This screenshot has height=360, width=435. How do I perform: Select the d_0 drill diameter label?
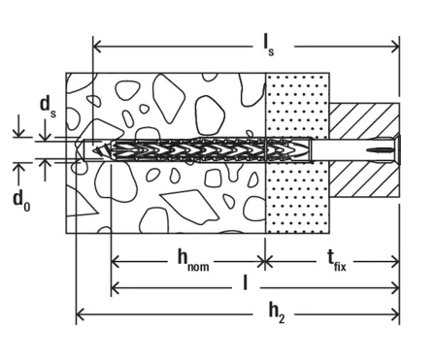coord(21,201)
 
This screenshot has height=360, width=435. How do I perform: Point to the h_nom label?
coord(193,261)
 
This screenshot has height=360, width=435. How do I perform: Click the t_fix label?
coord(336,261)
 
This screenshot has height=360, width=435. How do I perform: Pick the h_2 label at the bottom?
coord(277,313)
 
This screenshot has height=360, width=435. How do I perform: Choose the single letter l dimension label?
coord(246,283)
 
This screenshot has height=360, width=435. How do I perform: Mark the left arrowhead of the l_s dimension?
coord(97,47)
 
